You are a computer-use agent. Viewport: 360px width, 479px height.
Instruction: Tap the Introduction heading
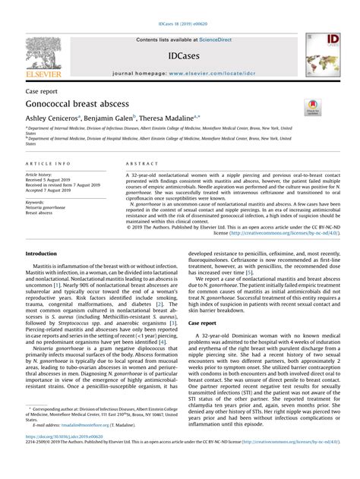[46, 253]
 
